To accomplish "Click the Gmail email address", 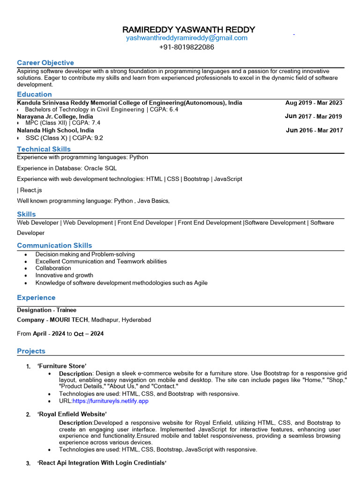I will [187, 38].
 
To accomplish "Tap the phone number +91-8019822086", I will [187, 47].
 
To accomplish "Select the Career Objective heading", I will [45, 63].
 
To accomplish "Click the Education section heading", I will [34, 95].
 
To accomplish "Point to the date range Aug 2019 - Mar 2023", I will [314, 103].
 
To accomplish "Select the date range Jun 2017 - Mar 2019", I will [314, 116].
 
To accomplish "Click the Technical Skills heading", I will [44, 149].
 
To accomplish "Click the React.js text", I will [31, 190].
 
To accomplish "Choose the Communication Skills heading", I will [54, 246].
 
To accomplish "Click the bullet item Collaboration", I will [53, 269].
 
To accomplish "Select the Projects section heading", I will [31, 351].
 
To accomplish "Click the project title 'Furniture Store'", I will [62, 366].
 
